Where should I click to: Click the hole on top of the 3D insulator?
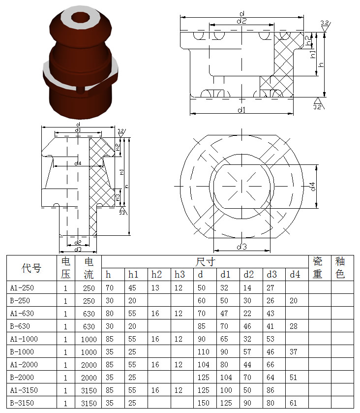(x=81, y=18)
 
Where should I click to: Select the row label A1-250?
(x=22, y=287)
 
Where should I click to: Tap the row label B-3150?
(x=22, y=403)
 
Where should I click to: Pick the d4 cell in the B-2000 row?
(x=294, y=377)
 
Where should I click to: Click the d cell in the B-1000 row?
(x=204, y=351)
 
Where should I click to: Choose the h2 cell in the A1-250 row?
(x=155, y=287)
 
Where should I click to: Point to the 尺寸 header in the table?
(x=205, y=262)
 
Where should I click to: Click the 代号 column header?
(x=31, y=268)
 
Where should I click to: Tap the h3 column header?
(x=180, y=275)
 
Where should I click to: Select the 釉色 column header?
(x=340, y=268)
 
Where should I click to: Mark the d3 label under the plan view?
(x=241, y=247)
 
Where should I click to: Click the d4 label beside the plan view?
(x=312, y=187)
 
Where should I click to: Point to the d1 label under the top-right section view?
(x=241, y=110)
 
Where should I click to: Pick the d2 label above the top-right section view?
(x=241, y=21)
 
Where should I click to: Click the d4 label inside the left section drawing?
(x=78, y=163)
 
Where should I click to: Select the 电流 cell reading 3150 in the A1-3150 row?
(x=89, y=390)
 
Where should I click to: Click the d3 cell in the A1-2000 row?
(x=270, y=365)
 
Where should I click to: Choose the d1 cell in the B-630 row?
(x=224, y=326)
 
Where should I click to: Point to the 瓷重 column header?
(x=318, y=268)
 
